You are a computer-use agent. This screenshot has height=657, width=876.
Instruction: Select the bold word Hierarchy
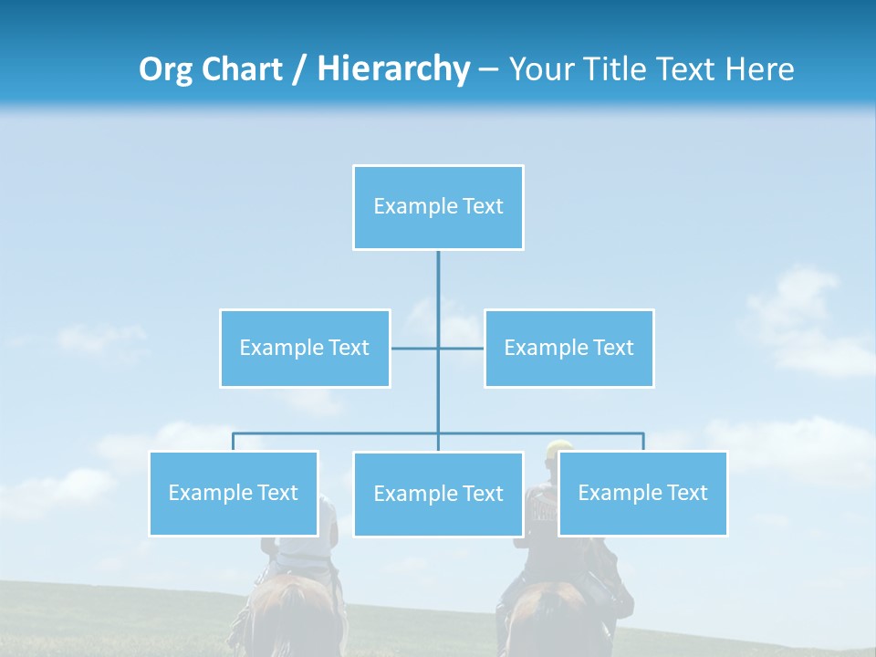393,69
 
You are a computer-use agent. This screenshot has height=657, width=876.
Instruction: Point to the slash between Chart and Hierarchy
299,70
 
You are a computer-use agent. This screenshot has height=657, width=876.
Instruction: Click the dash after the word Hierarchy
488,70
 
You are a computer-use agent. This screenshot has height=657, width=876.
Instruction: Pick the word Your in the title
539,69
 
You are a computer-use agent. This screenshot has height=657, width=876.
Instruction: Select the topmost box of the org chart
438,207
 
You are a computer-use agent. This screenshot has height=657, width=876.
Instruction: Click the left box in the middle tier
305,348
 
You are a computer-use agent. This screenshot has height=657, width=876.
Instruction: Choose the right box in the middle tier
568,348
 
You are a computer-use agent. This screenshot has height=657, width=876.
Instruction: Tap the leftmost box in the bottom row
234,494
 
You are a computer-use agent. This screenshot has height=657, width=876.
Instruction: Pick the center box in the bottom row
438,495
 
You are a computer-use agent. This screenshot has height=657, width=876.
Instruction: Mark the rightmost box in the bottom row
642,494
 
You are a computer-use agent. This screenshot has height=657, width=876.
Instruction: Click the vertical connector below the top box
438,283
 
